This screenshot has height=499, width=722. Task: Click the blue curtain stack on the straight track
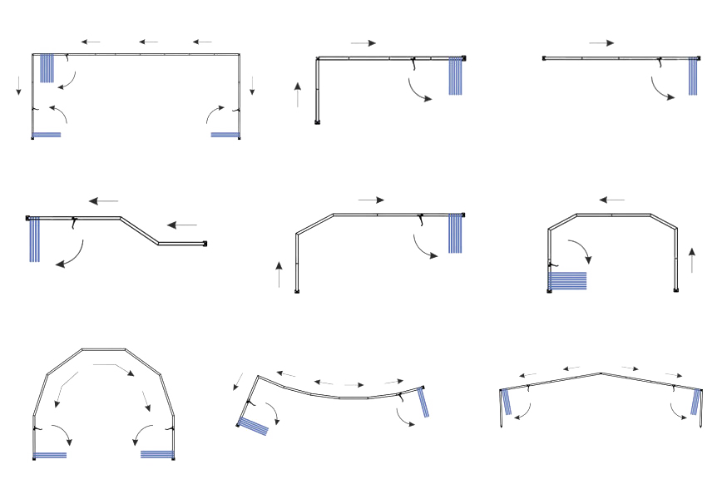693,77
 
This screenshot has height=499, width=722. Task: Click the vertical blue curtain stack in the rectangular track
47,68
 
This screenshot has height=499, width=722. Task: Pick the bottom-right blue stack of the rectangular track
225,134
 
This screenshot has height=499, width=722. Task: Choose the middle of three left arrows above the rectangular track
149,41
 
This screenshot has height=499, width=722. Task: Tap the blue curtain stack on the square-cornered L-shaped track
455,77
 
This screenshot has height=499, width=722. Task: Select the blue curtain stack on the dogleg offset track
34,240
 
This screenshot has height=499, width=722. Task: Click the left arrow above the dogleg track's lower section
182,225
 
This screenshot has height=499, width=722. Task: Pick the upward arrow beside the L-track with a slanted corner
279,274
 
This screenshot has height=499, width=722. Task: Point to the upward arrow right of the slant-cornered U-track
692,260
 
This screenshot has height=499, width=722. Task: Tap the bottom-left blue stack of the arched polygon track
50,454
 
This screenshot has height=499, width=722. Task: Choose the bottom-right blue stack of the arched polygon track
156,454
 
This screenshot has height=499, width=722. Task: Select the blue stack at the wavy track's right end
425,403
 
